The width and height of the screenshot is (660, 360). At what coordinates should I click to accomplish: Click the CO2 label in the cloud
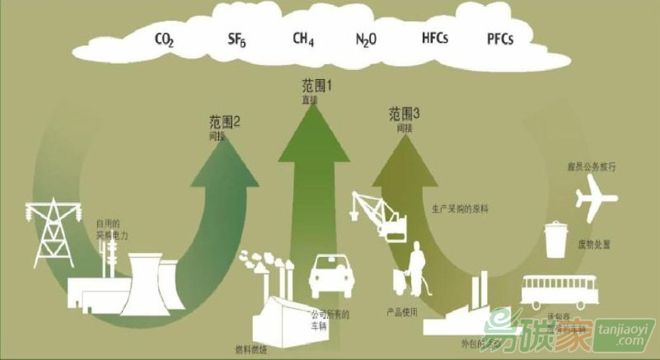[164, 39]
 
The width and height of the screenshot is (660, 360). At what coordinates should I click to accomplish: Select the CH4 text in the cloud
[303, 39]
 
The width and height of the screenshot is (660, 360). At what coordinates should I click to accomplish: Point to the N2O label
[366, 39]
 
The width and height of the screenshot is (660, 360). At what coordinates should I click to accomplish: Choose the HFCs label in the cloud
[434, 39]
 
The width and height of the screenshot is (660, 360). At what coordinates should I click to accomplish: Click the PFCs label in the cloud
[500, 39]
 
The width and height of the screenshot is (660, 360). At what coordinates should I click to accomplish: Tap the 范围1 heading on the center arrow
[317, 86]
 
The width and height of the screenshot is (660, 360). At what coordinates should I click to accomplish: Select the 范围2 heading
[224, 124]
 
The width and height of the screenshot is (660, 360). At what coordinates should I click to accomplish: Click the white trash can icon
[556, 237]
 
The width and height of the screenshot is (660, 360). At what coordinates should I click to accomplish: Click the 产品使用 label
[402, 314]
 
